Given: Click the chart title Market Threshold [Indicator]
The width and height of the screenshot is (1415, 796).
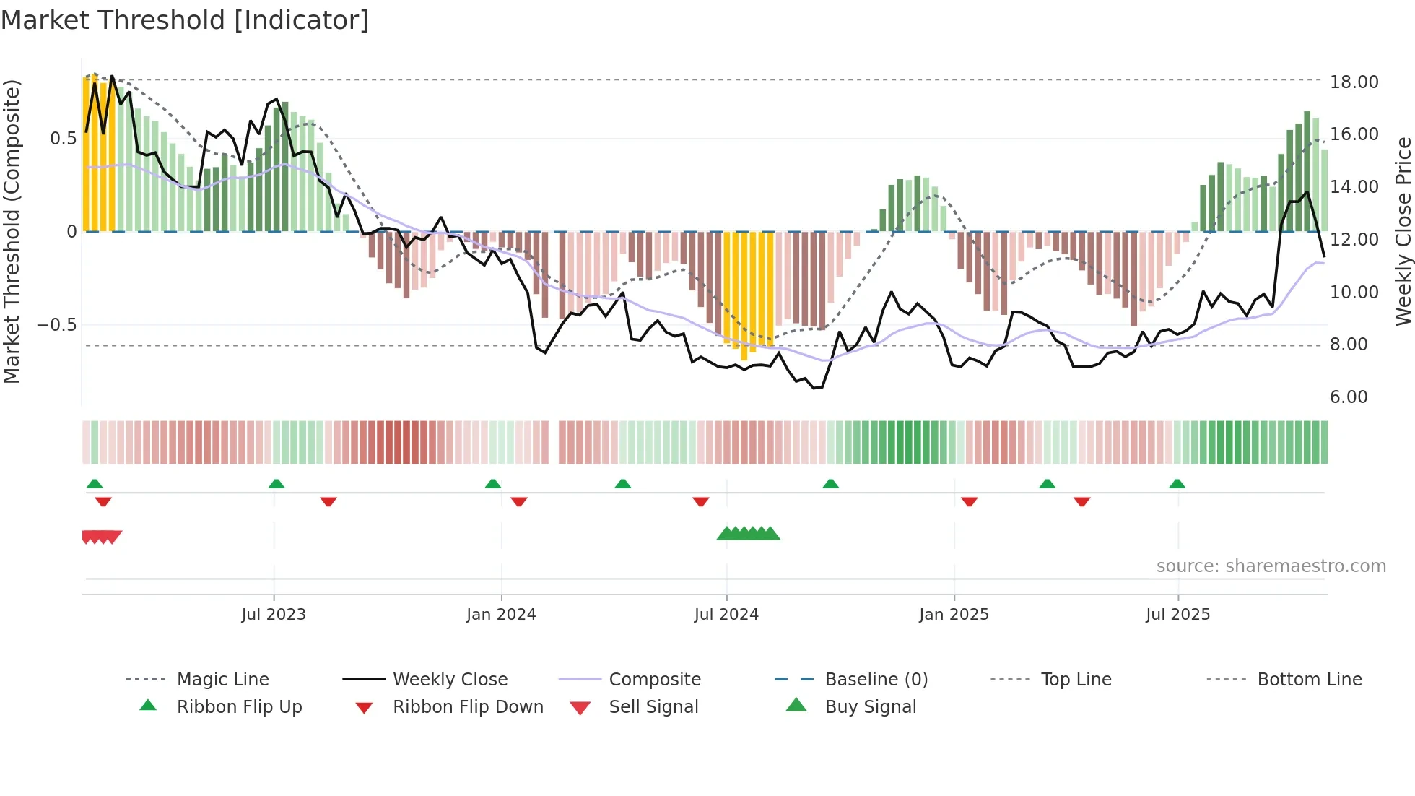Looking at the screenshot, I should (185, 20).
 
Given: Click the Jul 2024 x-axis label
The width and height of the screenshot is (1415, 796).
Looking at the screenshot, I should (726, 615).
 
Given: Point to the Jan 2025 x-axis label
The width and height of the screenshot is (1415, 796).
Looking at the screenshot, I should (954, 615).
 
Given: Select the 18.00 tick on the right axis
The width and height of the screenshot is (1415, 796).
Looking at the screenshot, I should (1354, 82).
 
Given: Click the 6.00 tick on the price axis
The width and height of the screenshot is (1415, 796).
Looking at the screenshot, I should (1349, 397).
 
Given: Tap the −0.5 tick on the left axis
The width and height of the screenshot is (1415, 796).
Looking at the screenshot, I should (56, 325).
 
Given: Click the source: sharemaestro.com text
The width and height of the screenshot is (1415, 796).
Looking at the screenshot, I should (1271, 566).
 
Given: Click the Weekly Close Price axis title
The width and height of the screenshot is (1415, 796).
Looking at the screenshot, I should (1403, 231).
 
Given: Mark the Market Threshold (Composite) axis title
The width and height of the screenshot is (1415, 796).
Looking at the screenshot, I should (12, 231).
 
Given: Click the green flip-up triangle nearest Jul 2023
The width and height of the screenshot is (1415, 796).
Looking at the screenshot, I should (277, 484).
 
